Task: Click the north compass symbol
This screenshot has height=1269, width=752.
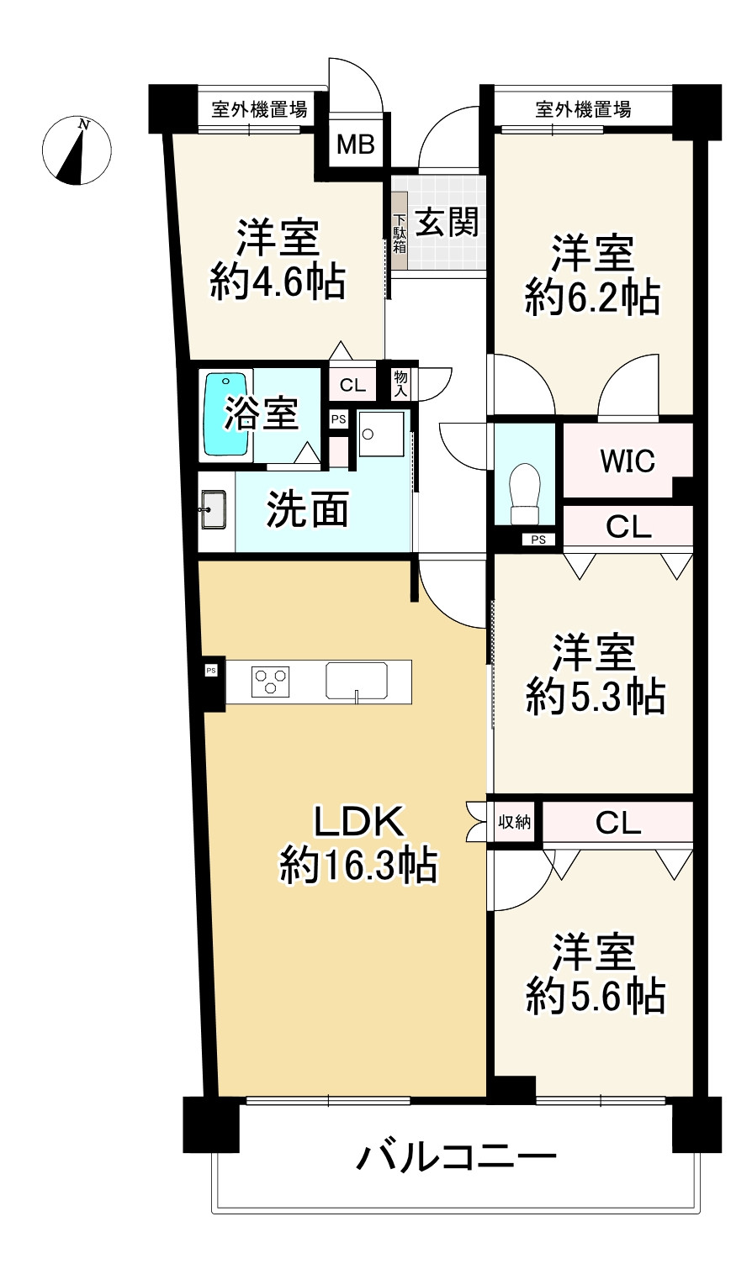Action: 77,150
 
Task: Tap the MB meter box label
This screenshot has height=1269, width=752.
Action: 355,145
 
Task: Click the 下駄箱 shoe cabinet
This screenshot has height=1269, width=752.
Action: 400,234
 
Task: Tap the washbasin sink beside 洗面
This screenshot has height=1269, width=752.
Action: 213,510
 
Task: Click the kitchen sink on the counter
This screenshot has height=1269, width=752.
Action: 357,680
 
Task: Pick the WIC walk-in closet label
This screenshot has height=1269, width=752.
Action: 628,461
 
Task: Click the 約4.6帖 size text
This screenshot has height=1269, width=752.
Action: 278,283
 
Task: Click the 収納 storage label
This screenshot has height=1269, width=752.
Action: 514,822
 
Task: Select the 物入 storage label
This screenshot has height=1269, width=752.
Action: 400,384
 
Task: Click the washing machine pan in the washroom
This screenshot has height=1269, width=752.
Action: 381,433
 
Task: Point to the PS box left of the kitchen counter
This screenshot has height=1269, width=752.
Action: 211,670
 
